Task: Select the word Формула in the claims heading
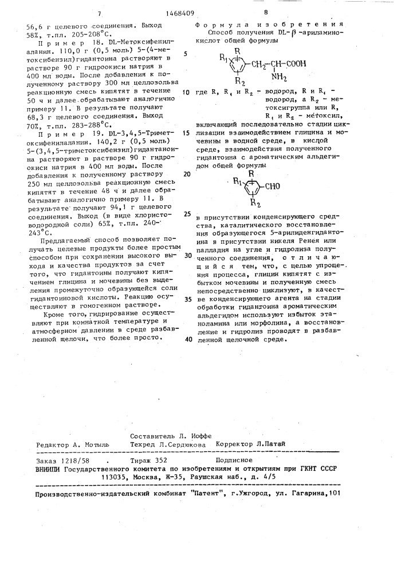tap(215, 25)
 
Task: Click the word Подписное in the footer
tap(233, 459)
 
